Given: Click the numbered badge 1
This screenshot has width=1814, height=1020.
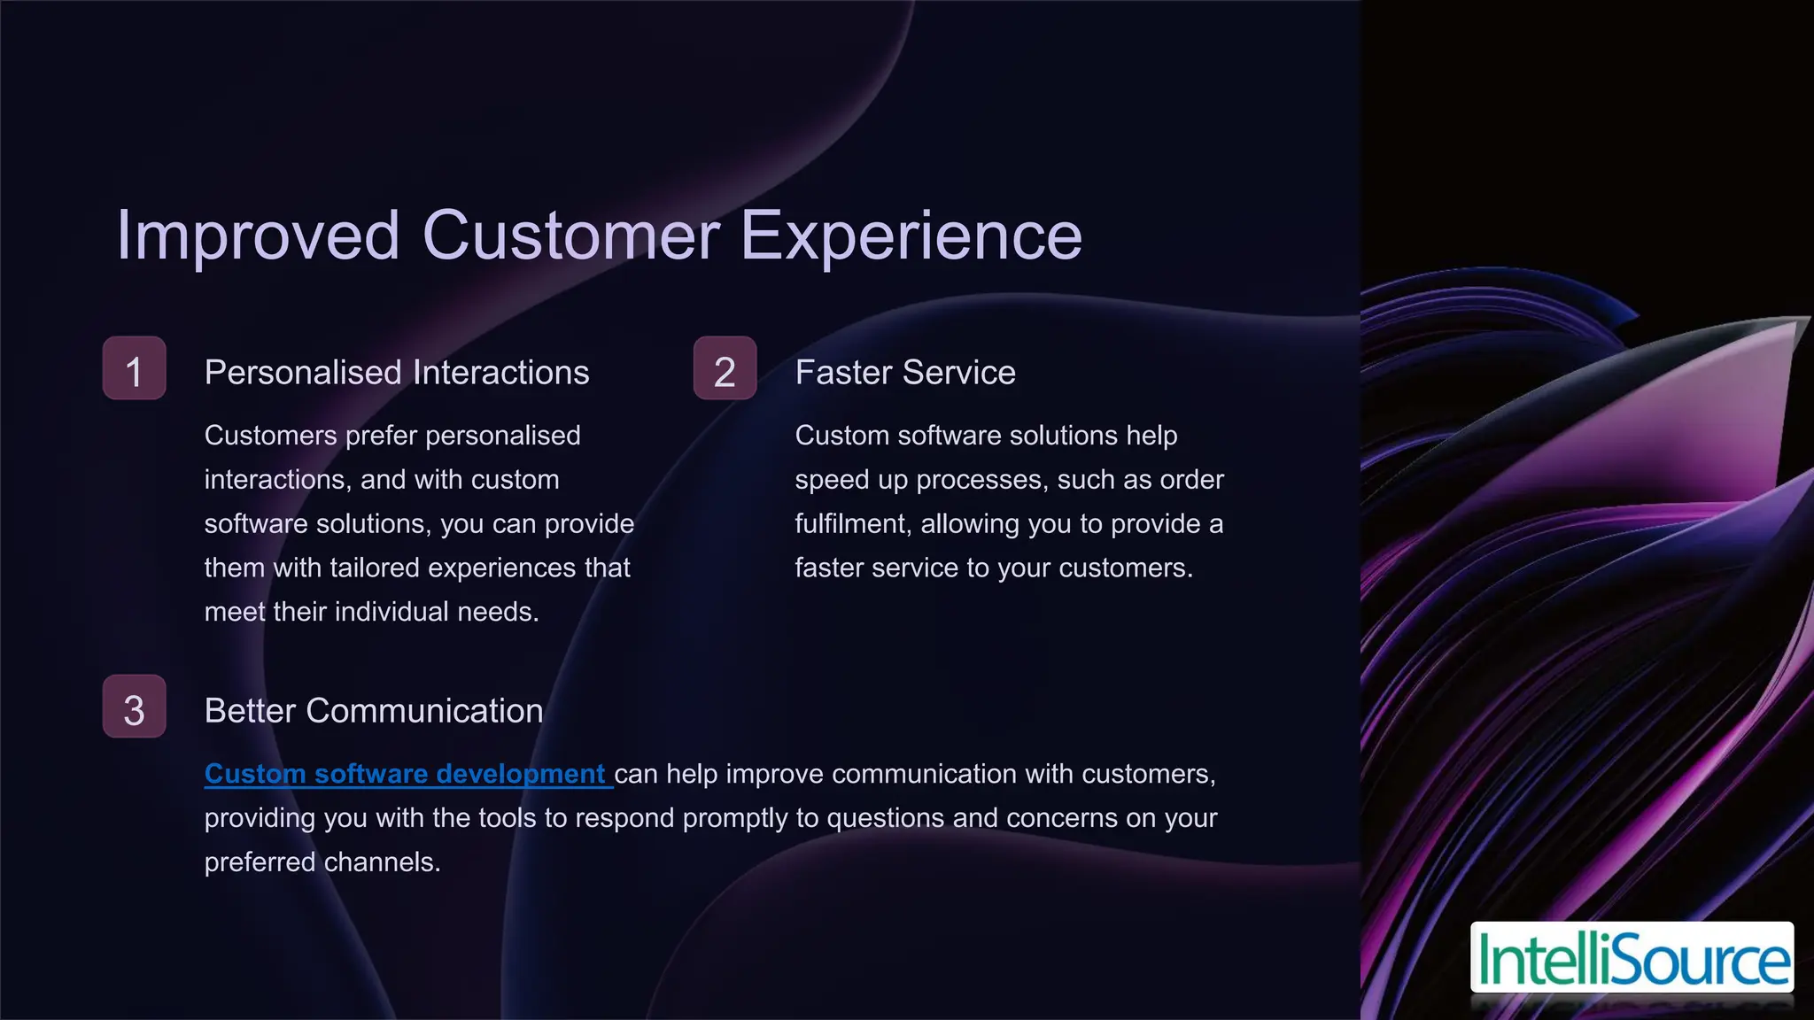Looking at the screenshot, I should click(134, 368).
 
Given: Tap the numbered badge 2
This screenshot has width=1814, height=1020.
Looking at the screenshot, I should click(725, 368).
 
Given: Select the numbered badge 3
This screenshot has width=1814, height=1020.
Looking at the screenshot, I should click(134, 707).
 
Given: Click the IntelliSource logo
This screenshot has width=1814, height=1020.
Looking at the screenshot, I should click(1632, 958).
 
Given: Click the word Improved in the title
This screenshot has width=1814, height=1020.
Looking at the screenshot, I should click(258, 236).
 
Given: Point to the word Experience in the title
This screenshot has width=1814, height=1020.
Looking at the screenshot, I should click(911, 236).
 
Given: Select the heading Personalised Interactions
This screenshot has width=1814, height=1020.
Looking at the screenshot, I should click(396, 373).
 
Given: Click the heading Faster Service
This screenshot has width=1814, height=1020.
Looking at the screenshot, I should click(905, 373).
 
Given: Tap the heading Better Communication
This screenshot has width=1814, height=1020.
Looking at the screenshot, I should click(373, 711).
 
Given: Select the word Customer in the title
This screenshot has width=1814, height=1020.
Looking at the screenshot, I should click(570, 236).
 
